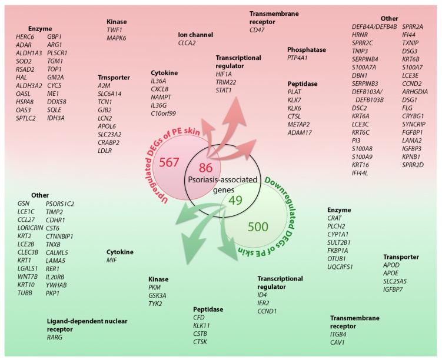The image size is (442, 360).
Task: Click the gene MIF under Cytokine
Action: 112,259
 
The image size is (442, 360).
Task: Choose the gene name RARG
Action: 55,337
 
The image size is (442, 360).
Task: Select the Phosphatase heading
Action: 307,50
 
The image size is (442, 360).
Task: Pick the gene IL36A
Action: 159,81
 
